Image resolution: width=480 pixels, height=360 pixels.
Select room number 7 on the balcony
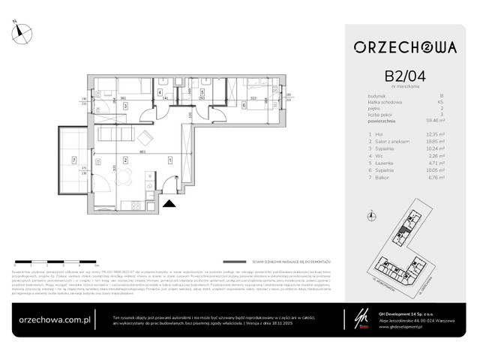coord(74,160)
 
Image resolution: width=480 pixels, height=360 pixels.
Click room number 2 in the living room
coord(124,160)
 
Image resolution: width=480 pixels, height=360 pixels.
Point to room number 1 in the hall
coord(171,160)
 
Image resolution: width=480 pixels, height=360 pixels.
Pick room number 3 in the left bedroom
coord(126,106)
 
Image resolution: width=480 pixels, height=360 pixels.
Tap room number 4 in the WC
coord(160,93)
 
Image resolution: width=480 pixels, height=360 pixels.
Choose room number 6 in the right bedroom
coord(244,106)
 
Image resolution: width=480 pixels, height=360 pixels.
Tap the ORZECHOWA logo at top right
coord(405,47)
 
